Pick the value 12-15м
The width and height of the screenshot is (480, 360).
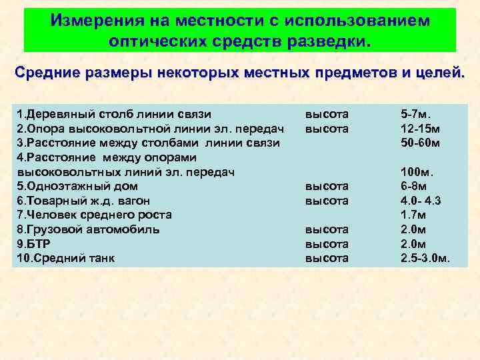click(x=420, y=128)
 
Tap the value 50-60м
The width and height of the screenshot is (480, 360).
click(x=420, y=143)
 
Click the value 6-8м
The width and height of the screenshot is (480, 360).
click(x=415, y=186)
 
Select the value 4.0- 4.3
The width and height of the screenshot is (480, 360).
click(x=421, y=201)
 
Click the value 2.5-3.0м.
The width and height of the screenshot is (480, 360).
click(x=425, y=258)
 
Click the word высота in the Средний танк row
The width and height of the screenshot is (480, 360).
click(x=327, y=258)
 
